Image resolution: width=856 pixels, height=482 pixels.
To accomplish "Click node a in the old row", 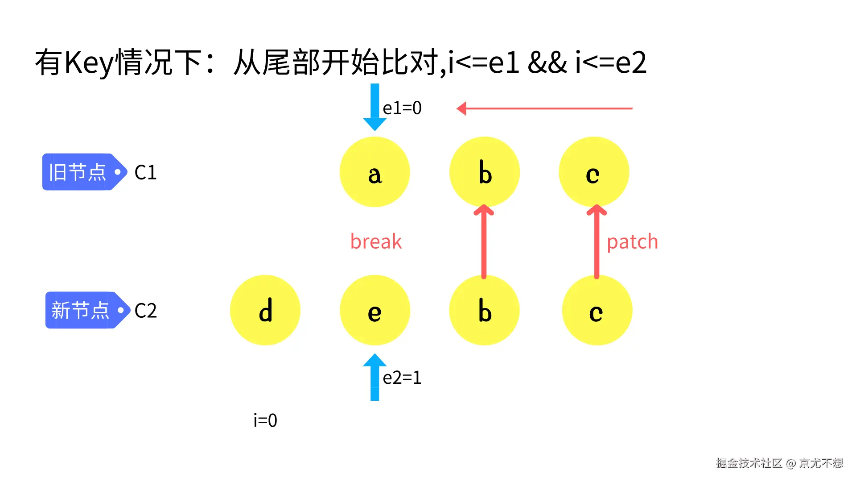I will [374, 172].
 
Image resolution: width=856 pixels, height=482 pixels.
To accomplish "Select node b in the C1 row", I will [484, 172].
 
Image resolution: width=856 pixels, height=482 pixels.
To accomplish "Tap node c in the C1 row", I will [593, 172].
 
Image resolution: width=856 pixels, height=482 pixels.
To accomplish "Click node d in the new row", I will [265, 310].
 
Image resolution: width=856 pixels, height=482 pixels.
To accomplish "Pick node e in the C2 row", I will [374, 310].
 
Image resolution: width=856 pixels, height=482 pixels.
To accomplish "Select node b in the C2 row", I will [484, 310].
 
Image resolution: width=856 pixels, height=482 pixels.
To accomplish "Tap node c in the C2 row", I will [597, 310].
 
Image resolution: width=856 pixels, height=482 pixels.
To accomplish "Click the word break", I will [376, 241].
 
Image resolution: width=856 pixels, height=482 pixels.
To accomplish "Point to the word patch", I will [632, 242].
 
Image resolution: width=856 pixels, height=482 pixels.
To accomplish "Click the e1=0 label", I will [402, 108].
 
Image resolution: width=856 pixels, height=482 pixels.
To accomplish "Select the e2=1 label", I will [402, 378].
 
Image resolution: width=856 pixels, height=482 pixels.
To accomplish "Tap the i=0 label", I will [265, 420].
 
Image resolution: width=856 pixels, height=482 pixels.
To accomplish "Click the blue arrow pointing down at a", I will [374, 107].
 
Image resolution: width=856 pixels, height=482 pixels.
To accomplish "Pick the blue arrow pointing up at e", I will [374, 377].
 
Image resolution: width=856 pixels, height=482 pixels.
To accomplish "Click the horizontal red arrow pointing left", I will [544, 108].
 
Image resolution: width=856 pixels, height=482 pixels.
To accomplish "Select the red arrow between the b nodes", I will [484, 241].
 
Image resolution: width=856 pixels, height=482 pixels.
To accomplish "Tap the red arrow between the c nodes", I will [597, 241].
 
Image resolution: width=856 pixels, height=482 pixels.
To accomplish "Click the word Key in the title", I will [89, 62].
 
